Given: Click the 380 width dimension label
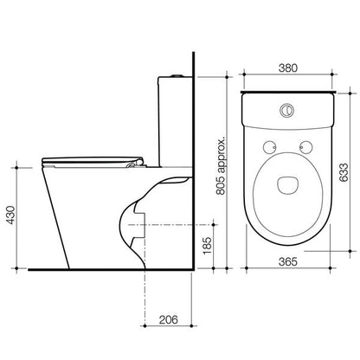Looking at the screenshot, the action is pyautogui.click(x=287, y=68).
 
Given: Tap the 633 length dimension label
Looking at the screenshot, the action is pyautogui.click(x=344, y=172).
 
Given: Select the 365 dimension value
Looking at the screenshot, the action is pyautogui.click(x=287, y=261).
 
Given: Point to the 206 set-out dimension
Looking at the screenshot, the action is pyautogui.click(x=169, y=319).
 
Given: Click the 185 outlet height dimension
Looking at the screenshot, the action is pyautogui.click(x=208, y=246).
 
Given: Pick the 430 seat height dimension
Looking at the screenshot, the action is pyautogui.click(x=10, y=215).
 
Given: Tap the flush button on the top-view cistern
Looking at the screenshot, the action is pyautogui.click(x=287, y=110).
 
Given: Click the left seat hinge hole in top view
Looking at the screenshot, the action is pyautogui.click(x=270, y=147).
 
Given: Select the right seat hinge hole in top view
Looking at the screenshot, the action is pyautogui.click(x=305, y=147).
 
